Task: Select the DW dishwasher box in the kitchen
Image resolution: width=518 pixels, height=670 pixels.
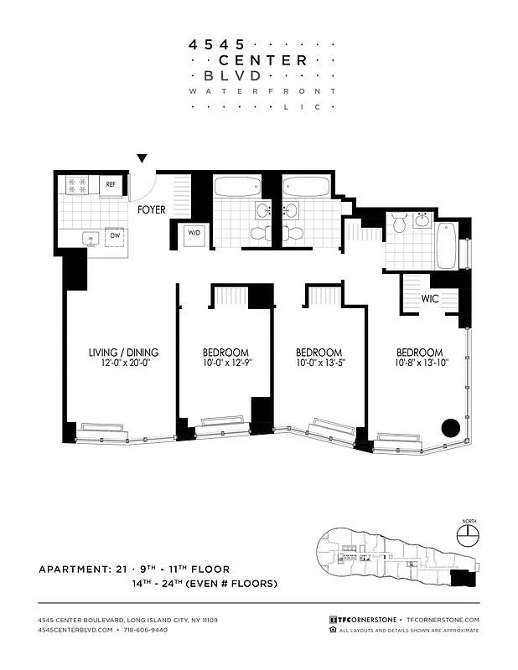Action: (114, 237)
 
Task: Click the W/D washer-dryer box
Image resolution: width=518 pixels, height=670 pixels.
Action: (193, 234)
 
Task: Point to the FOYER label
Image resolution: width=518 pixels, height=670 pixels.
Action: (152, 209)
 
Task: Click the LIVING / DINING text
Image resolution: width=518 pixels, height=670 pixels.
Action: (123, 353)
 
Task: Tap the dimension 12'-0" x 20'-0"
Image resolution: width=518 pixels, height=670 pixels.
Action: (123, 364)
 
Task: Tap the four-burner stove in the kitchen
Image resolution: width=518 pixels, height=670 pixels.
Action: (77, 184)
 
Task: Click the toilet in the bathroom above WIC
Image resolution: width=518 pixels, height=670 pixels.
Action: (399, 223)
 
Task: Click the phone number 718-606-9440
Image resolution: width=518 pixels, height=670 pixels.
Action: (143, 629)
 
